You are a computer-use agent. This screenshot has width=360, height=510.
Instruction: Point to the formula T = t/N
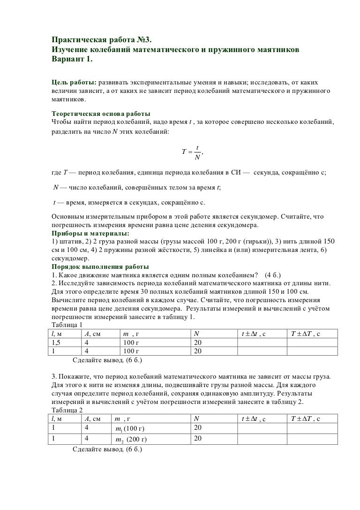point(192,152)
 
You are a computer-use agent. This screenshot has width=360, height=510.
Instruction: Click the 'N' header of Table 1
point(197,334)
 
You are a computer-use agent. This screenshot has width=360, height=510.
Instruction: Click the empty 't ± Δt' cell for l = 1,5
point(261,343)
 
